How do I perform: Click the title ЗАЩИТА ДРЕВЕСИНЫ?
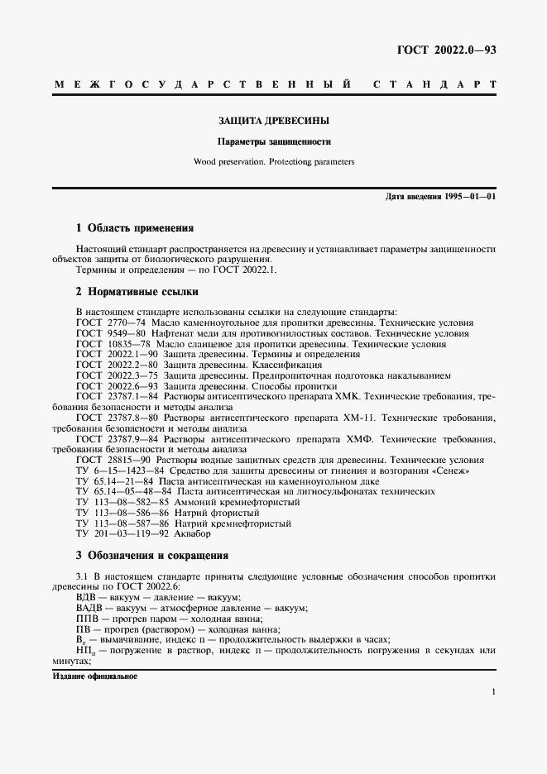[x=273, y=121]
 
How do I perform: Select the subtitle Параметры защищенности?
[x=273, y=141]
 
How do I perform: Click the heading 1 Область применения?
[x=134, y=227]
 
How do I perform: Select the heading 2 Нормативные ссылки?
[x=137, y=292]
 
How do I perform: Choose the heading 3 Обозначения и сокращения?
[x=151, y=555]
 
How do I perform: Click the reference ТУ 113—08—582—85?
[x=122, y=502]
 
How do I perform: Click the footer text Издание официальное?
[x=94, y=676]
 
